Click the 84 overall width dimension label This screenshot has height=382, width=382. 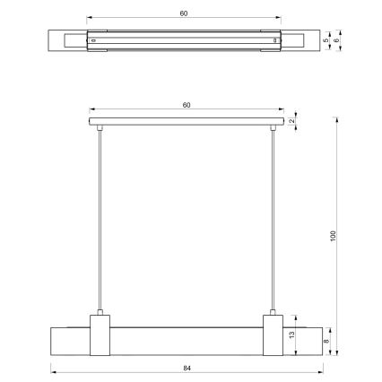point(187,369)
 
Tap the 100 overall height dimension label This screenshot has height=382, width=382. point(334,236)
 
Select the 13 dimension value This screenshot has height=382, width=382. point(291,334)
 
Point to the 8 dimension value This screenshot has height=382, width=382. point(326,341)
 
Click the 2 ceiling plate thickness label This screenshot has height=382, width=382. point(292,121)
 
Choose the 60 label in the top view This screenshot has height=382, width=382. point(184,13)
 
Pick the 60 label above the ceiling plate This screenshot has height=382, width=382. point(187,105)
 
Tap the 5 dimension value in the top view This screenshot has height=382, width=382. point(326,40)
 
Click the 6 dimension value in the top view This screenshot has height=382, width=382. point(337,40)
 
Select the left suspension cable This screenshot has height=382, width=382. point(100,220)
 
